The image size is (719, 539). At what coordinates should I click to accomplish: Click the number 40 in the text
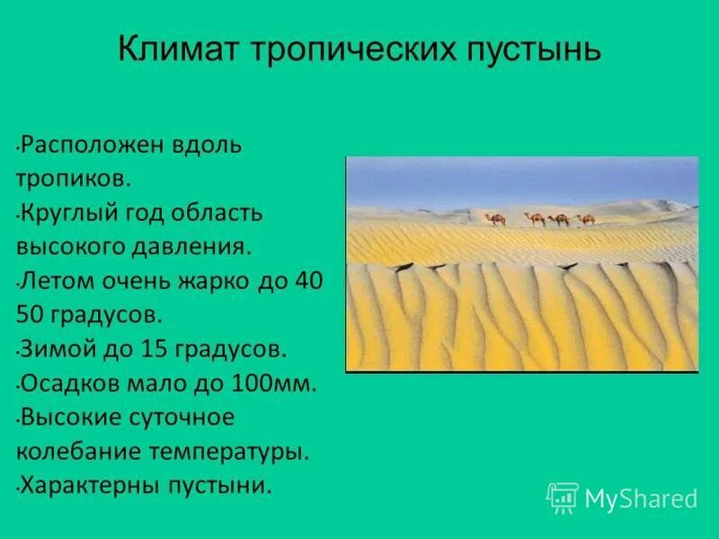coord(306,281)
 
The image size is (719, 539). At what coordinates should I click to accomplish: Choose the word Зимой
coord(58,349)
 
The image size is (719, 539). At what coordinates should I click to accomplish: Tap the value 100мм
coord(275,384)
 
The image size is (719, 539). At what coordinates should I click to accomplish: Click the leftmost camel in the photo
coord(498,219)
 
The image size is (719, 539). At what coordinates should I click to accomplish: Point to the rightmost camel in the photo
coord(585,219)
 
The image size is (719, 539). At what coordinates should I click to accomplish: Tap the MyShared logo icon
coord(563,498)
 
